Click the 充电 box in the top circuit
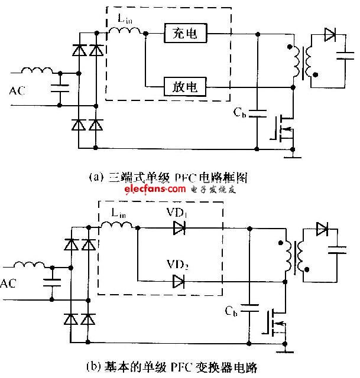coord(186,35)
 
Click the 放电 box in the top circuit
coord(186,88)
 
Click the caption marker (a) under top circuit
coord(92,176)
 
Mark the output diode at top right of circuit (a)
coord(329,34)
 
